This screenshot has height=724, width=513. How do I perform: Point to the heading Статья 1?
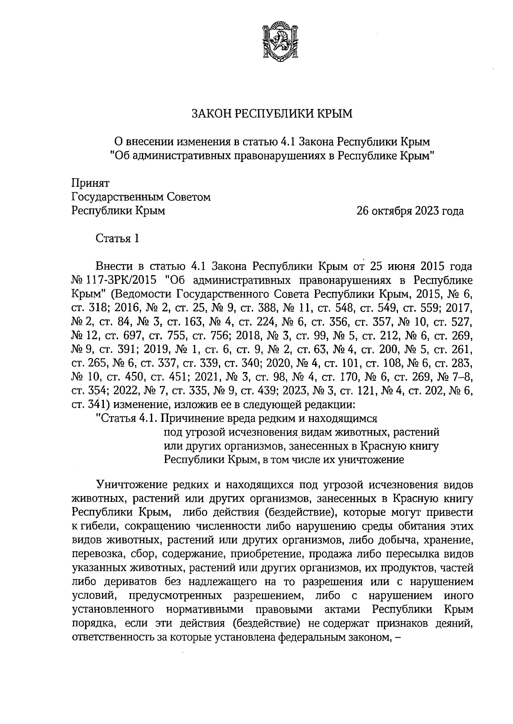[117, 238]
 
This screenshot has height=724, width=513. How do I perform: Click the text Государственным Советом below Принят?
[142, 197]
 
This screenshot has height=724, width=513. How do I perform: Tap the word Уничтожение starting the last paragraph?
[131, 485]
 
